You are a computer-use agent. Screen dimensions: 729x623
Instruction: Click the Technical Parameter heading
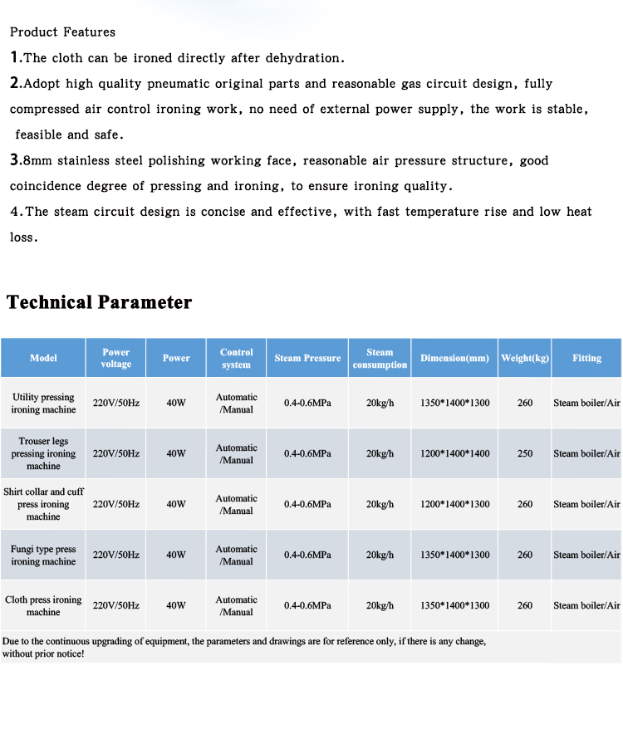tap(100, 302)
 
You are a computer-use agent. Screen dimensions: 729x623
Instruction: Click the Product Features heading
tap(62, 32)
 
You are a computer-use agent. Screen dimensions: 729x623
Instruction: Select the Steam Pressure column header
tap(307, 358)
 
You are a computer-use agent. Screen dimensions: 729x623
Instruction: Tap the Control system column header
tap(236, 358)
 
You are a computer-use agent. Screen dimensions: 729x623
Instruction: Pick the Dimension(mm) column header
tap(454, 358)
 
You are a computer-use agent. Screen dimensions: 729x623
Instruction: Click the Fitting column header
tap(586, 358)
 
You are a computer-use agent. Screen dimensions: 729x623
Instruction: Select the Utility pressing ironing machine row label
tap(43, 404)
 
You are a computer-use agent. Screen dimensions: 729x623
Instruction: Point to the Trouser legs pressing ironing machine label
tap(43, 453)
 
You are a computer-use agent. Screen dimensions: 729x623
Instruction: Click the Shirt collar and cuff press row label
tap(43, 504)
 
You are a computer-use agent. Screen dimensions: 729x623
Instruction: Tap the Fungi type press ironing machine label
tap(43, 555)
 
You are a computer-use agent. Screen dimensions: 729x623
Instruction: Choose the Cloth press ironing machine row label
tap(43, 605)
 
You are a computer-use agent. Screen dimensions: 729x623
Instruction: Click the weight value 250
tap(525, 454)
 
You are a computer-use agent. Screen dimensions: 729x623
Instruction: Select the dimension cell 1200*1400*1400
tap(454, 454)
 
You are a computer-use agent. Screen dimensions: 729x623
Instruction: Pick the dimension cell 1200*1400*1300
tap(454, 505)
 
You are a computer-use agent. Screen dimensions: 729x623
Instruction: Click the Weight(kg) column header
tap(525, 358)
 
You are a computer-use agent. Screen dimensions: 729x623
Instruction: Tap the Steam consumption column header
tap(380, 358)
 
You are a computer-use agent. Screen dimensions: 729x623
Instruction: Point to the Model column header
tap(43, 358)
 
